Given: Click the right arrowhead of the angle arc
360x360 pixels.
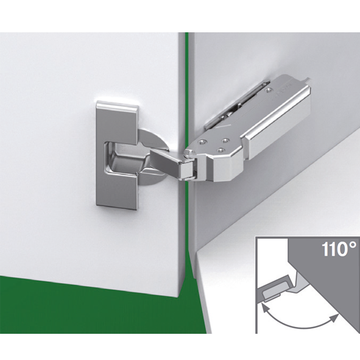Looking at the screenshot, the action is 334,317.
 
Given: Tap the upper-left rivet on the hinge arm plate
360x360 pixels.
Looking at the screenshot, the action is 202,142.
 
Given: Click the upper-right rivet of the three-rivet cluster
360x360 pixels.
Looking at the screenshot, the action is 226,140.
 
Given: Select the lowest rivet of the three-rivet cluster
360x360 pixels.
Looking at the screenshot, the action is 221,150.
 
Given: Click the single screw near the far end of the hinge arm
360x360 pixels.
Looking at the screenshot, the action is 267,91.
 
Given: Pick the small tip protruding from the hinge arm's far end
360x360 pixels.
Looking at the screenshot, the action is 308,81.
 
